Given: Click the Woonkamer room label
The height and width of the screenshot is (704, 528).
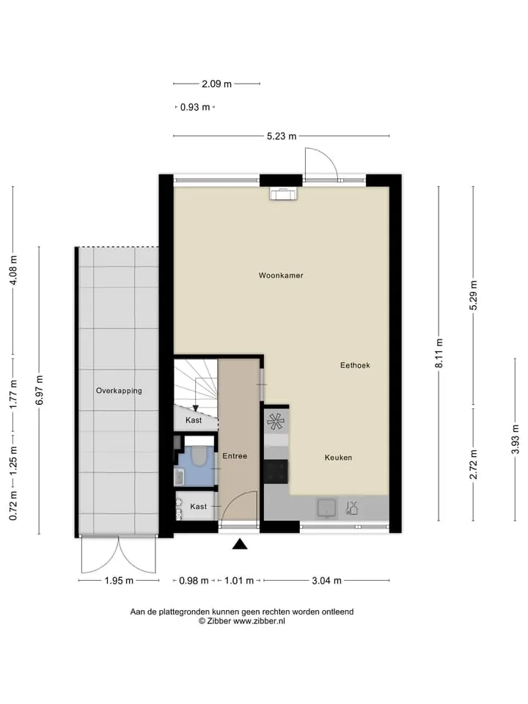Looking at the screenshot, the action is pyautogui.click(x=281, y=275).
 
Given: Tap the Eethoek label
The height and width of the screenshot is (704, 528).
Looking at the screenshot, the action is pyautogui.click(x=355, y=365).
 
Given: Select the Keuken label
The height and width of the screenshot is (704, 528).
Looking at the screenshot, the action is pyautogui.click(x=338, y=458).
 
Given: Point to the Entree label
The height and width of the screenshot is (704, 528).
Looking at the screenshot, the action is pyautogui.click(x=235, y=455).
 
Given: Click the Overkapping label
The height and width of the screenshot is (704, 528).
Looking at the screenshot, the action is pyautogui.click(x=119, y=391).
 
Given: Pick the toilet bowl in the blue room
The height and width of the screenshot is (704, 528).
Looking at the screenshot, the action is pyautogui.click(x=198, y=455).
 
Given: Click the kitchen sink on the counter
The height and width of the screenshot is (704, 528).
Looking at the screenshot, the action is pyautogui.click(x=327, y=507).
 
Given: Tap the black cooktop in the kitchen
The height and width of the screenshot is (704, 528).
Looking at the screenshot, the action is pyautogui.click(x=276, y=472).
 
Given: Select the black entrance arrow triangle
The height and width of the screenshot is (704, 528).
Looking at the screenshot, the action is pyautogui.click(x=240, y=544).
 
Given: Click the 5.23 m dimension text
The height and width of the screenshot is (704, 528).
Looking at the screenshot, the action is pyautogui.click(x=282, y=136).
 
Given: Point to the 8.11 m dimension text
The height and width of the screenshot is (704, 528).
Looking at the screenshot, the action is pyautogui.click(x=439, y=353).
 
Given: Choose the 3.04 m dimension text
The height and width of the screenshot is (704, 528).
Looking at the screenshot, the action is pyautogui.click(x=326, y=581).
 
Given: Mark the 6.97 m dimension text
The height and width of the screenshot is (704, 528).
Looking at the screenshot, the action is pyautogui.click(x=40, y=390).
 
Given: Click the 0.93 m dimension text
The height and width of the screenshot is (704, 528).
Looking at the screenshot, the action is pyautogui.click(x=195, y=107).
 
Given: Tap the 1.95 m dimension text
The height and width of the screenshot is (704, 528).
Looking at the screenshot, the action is pyautogui.click(x=119, y=581).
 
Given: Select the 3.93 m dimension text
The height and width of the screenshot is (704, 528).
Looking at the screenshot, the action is pyautogui.click(x=515, y=439).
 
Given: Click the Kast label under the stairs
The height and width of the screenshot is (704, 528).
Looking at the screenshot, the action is pyautogui.click(x=194, y=420).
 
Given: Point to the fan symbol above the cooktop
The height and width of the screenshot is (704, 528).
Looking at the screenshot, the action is pyautogui.click(x=276, y=421).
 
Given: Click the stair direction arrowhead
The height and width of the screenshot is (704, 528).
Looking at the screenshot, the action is pyautogui.click(x=195, y=408).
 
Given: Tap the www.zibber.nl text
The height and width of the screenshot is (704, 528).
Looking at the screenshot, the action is pyautogui.click(x=259, y=621).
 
